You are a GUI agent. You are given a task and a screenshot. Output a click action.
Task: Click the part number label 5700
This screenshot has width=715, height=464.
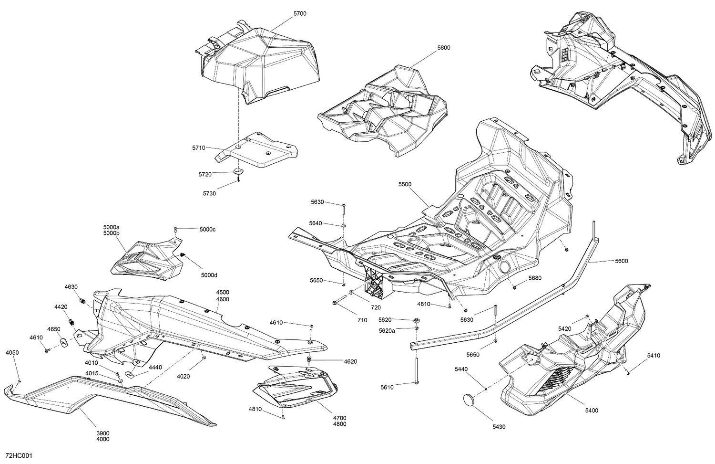300,14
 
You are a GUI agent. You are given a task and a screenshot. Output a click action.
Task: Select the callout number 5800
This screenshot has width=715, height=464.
443,48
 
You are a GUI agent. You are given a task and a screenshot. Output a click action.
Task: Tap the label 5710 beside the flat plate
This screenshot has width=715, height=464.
199,148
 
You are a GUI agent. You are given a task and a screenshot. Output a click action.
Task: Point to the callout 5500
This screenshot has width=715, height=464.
405,184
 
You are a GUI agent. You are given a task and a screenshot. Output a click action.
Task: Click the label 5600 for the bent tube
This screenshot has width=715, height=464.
621,261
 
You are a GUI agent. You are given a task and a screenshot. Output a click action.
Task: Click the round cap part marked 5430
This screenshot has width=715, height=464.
470,399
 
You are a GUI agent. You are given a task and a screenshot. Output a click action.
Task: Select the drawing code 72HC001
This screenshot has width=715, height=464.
19,456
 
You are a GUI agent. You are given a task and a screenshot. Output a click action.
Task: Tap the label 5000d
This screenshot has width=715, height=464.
209,275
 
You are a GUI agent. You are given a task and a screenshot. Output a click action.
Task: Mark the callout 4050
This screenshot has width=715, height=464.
12,353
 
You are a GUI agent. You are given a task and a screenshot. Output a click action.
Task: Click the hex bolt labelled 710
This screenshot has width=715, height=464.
337,303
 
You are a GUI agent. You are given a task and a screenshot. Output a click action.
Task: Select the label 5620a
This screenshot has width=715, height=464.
387,330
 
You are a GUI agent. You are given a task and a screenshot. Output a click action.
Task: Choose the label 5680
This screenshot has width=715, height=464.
534,278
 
